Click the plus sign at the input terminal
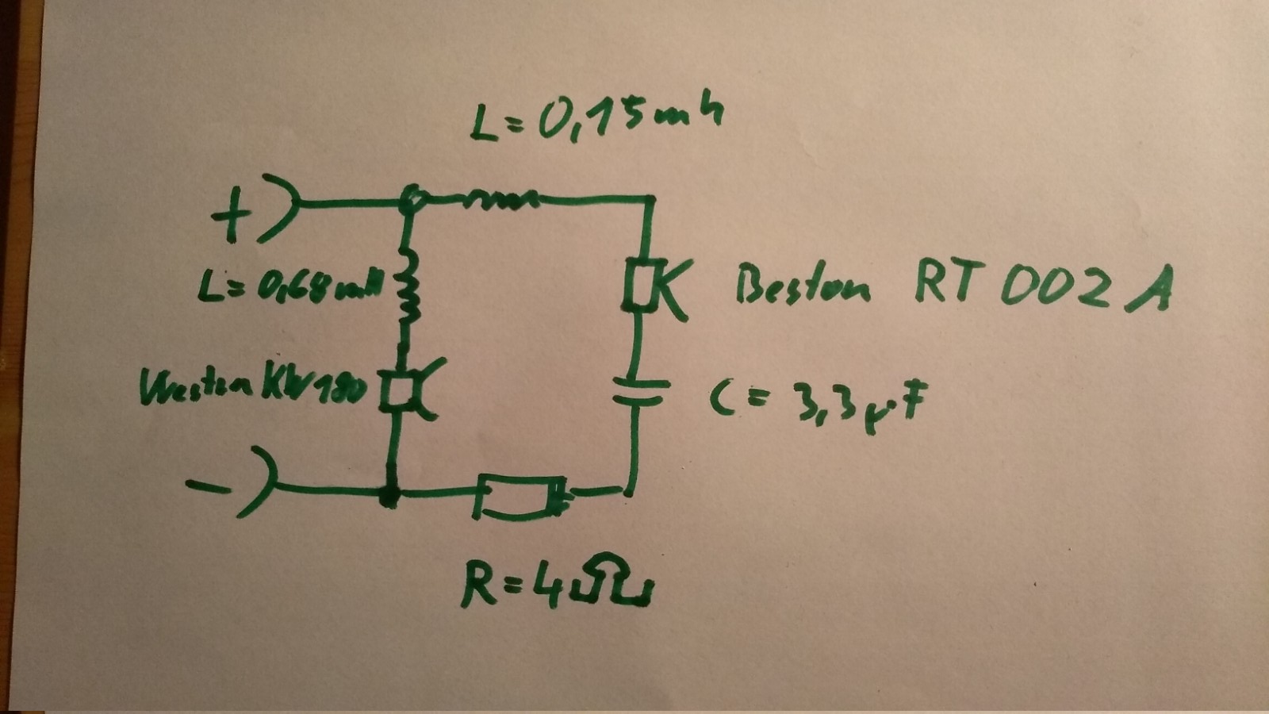(231, 217)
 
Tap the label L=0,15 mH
(595, 119)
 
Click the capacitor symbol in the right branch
(638, 391)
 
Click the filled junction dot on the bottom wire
(389, 497)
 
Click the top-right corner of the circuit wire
(651, 198)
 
